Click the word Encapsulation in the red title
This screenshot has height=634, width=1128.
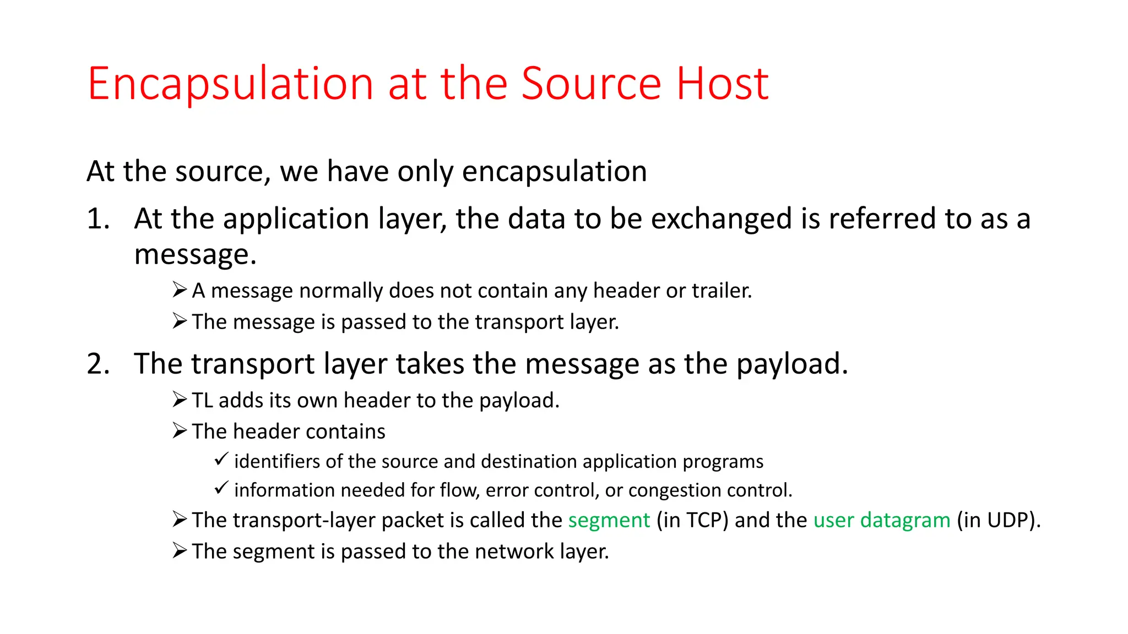coord(231,84)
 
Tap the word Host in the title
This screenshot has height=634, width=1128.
coord(722,84)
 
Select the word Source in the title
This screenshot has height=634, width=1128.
coord(591,84)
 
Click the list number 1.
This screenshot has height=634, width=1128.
coord(97,219)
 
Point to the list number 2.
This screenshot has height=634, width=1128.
coord(99,364)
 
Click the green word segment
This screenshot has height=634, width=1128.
coord(609,521)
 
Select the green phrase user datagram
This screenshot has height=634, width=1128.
coord(882,521)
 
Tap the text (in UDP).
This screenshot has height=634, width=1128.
coord(998,521)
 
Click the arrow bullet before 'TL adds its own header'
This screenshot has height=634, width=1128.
coord(180,400)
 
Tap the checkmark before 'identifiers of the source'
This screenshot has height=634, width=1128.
coord(221,459)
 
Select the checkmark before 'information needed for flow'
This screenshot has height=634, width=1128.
coord(221,488)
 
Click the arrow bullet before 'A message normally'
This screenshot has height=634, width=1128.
coord(180,289)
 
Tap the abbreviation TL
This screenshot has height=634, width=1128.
coord(202,401)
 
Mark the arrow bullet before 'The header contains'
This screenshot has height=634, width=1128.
coord(180,430)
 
